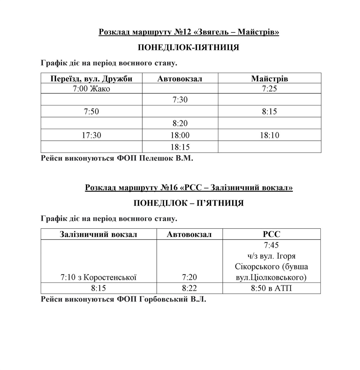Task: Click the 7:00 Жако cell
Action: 91,89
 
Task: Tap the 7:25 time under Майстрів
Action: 269,89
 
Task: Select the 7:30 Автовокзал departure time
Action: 180,100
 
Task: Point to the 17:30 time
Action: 91,135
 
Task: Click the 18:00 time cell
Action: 180,135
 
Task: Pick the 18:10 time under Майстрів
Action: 269,135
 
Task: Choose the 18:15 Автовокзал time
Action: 180,147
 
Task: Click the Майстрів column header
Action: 269,79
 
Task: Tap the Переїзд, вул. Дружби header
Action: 91,79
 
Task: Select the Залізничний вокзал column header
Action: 99,234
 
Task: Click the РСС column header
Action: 271,234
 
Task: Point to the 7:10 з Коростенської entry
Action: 99,277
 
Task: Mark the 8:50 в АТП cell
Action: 271,288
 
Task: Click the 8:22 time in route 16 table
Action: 189,288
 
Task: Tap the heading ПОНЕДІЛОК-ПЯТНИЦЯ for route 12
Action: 188,48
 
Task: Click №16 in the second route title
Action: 168,187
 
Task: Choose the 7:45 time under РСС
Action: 271,245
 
